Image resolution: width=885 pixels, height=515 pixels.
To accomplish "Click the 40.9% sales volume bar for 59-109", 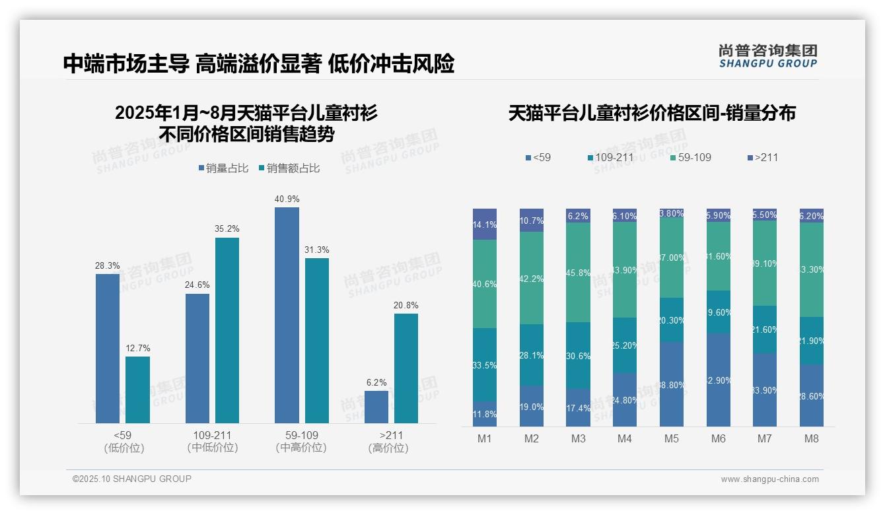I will coord(287,315).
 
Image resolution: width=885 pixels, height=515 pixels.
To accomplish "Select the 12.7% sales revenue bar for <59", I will coord(137,390).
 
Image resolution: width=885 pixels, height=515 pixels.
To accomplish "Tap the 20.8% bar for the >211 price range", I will coord(406,368).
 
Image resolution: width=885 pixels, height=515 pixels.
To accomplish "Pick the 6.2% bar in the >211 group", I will coord(376,407).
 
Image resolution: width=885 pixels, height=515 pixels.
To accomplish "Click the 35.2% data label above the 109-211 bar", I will coord(227,229).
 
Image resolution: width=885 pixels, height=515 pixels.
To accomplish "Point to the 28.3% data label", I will coord(107,265).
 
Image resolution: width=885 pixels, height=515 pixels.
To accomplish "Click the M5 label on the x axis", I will coord(672,438).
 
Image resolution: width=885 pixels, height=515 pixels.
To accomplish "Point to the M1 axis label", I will coord(485,438).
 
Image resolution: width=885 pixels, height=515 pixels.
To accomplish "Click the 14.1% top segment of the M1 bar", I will coord(485,224).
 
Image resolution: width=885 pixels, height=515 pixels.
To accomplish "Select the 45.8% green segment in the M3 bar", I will coord(578,272).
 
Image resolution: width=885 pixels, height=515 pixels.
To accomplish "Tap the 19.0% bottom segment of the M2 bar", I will coord(532,406).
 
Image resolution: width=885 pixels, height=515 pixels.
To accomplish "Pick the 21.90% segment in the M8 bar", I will coord(812,341).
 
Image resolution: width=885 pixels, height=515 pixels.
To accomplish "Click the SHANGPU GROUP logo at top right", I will coord(767,56).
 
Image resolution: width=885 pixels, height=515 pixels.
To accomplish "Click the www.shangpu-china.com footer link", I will coord(769,479).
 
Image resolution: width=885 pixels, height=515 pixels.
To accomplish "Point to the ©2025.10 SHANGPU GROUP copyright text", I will coord(132,479).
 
